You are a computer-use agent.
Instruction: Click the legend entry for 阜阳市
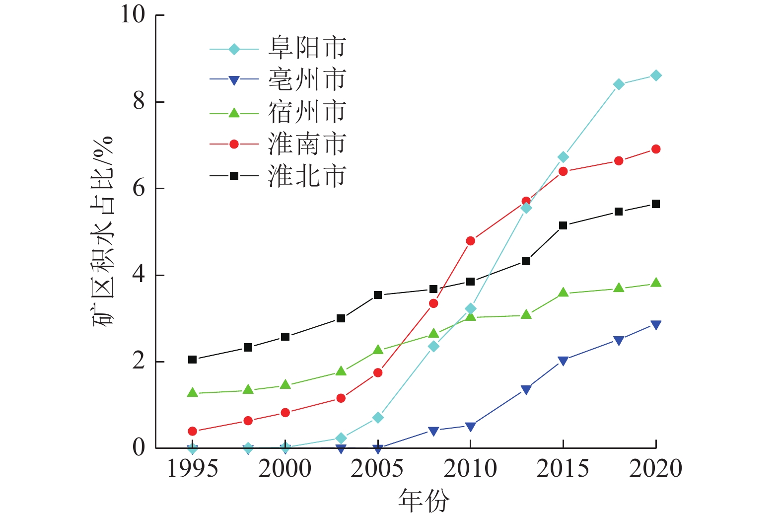[x=307, y=48]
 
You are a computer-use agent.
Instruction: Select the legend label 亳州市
[x=307, y=80]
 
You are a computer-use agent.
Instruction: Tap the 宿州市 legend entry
[x=307, y=112]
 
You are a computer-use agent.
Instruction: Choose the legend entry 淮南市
[x=307, y=144]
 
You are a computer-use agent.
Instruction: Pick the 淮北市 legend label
[x=307, y=176]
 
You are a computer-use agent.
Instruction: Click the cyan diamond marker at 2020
[x=656, y=75]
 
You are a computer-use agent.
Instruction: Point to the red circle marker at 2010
[x=470, y=241]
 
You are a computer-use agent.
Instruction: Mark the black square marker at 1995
[x=193, y=360]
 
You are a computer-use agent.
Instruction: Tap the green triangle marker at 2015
[x=563, y=293]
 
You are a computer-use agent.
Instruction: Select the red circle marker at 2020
[x=656, y=149]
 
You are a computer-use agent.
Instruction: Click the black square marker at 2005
[x=378, y=295]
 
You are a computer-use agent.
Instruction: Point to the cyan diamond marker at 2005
[x=378, y=418]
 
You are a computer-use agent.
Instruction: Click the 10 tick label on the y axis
[x=133, y=15]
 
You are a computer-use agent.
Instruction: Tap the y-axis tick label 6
[x=139, y=189]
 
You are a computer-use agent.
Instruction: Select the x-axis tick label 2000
[x=285, y=469]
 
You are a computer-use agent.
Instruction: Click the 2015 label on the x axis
[x=563, y=469]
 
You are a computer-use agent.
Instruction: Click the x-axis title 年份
[x=424, y=500]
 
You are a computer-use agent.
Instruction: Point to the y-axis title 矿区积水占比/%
[x=103, y=231]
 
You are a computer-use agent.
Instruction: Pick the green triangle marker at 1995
[x=193, y=393]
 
